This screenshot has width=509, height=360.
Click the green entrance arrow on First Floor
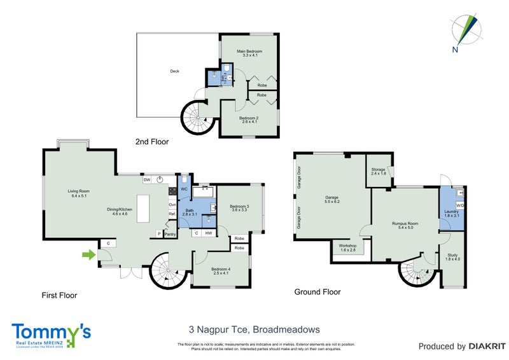click(87, 255)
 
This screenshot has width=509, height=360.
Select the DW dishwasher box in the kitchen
click(147, 181)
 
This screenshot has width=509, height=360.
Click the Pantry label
click(170, 234)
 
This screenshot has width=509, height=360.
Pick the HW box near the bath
click(209, 233)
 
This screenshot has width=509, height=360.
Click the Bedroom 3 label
click(239, 208)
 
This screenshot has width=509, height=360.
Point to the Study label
click(452, 257)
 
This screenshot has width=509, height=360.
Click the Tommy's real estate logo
click(51, 334)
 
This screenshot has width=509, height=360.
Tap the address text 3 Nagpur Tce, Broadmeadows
click(254, 329)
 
